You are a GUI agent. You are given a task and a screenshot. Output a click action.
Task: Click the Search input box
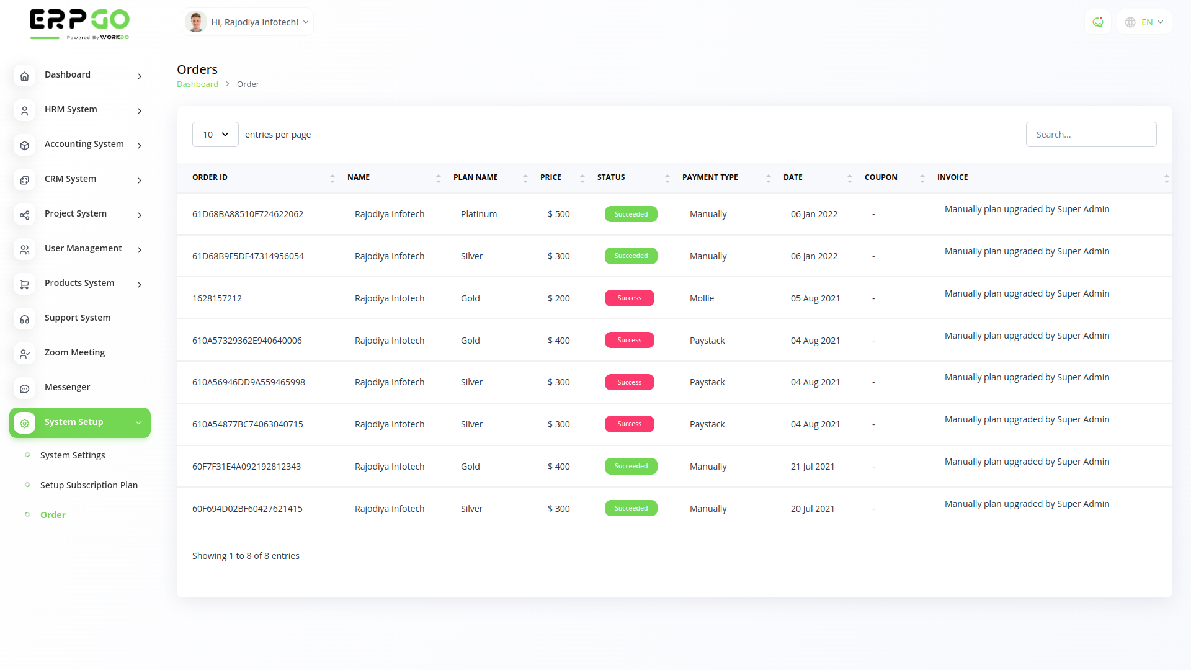pyautogui.click(x=1091, y=135)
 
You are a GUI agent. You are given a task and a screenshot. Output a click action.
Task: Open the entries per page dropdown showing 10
pyautogui.click(x=215, y=135)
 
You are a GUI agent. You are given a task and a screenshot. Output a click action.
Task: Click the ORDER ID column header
pyautogui.click(x=210, y=177)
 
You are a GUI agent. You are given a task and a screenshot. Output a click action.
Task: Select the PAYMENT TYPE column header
pyautogui.click(x=710, y=177)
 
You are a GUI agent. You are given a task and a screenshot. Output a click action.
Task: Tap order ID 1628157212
pyautogui.click(x=217, y=298)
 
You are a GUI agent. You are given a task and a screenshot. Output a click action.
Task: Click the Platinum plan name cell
pyautogui.click(x=478, y=214)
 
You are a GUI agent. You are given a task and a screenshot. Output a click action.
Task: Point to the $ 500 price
pyautogui.click(x=558, y=214)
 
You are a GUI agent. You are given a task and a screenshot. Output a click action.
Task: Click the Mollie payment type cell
pyautogui.click(x=702, y=298)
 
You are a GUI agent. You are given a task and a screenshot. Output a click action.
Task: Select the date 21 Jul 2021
pyautogui.click(x=812, y=467)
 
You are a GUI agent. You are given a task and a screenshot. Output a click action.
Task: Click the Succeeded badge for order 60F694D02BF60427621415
pyautogui.click(x=631, y=509)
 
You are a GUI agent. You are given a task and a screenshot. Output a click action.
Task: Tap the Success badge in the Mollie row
pyautogui.click(x=629, y=298)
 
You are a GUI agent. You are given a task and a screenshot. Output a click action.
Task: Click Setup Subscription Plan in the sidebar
pyautogui.click(x=89, y=485)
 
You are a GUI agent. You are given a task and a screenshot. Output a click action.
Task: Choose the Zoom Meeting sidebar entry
pyautogui.click(x=74, y=352)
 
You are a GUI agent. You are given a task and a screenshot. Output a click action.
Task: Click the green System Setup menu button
pyautogui.click(x=80, y=422)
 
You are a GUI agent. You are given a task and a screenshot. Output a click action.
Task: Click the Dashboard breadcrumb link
pyautogui.click(x=197, y=84)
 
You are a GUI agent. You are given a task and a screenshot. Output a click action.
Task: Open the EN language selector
pyautogui.click(x=1145, y=22)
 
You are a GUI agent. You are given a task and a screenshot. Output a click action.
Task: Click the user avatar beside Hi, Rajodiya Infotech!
pyautogui.click(x=196, y=22)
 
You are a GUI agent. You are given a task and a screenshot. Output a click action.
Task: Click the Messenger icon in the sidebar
pyautogui.click(x=25, y=389)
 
